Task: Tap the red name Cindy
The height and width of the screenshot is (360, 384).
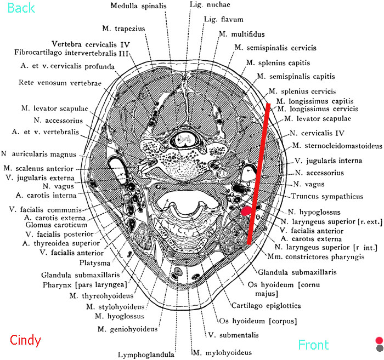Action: [26, 340]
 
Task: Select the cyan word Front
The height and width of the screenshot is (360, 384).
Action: [313, 345]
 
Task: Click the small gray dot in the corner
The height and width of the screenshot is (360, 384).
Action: [379, 348]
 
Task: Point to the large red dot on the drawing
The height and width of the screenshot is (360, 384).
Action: [247, 210]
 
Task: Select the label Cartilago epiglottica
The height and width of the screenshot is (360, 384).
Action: [267, 305]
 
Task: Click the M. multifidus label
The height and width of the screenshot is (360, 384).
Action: [239, 35]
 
